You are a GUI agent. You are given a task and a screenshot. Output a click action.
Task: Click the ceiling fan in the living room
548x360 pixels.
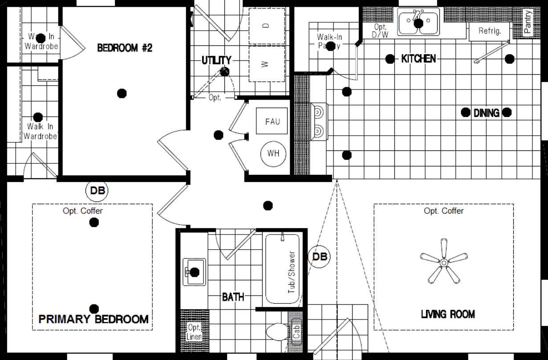443,263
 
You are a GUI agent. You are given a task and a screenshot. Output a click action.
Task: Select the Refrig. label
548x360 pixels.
490,31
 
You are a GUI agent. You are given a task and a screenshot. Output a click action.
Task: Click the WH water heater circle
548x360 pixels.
273,153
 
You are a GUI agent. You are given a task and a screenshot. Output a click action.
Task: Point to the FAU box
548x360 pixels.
272,121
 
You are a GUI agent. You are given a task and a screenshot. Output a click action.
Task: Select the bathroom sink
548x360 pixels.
195,272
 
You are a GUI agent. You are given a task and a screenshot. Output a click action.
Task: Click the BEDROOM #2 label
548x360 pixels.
125,48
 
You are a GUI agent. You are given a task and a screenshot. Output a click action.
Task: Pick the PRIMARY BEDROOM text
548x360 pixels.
93,319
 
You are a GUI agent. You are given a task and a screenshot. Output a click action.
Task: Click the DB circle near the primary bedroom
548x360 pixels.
97,191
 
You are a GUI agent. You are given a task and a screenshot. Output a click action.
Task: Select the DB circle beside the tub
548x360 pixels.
320,257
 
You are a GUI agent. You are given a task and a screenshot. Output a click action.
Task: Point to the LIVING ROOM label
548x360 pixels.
448,314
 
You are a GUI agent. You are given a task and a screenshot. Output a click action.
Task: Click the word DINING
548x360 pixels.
486,113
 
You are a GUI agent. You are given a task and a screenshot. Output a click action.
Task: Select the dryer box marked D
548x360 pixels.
266,26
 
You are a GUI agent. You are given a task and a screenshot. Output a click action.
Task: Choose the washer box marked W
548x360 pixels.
266,64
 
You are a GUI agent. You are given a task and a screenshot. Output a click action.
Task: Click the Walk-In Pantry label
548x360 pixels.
329,41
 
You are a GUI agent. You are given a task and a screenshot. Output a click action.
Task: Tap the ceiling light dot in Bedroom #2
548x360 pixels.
122,93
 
